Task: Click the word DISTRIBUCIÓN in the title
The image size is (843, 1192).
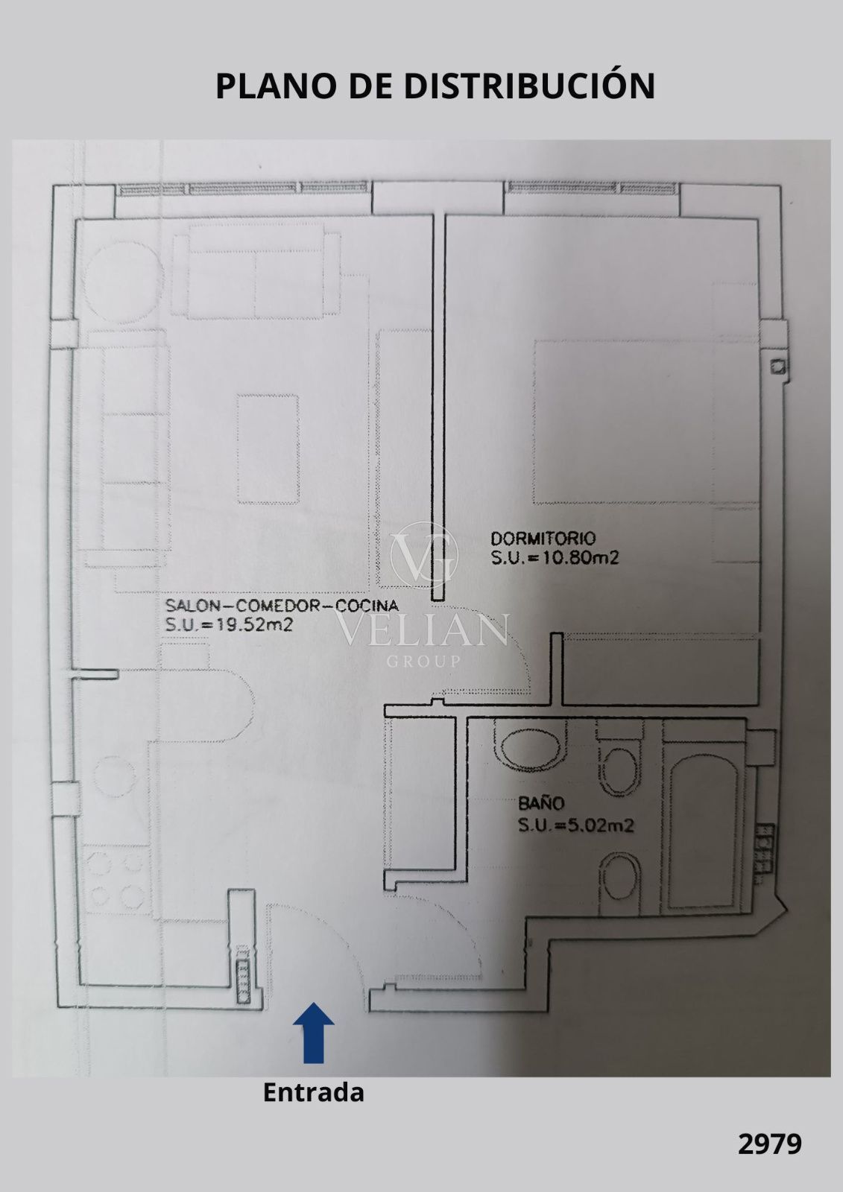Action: pyautogui.click(x=529, y=85)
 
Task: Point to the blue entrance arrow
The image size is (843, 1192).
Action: pyautogui.click(x=314, y=1033)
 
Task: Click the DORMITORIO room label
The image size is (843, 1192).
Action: pyautogui.click(x=543, y=539)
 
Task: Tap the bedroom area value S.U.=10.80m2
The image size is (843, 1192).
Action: pyautogui.click(x=555, y=558)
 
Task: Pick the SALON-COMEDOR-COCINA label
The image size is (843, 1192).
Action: pyautogui.click(x=282, y=605)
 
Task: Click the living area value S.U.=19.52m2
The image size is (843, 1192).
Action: pyautogui.click(x=229, y=624)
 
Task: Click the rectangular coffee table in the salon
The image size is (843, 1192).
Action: pyautogui.click(x=268, y=448)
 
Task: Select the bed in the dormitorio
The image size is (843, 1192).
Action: pyautogui.click(x=646, y=422)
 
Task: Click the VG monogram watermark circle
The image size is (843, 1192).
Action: pyautogui.click(x=424, y=556)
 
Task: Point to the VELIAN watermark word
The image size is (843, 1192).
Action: pyautogui.click(x=421, y=630)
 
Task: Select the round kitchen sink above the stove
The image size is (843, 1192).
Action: pyautogui.click(x=115, y=777)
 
